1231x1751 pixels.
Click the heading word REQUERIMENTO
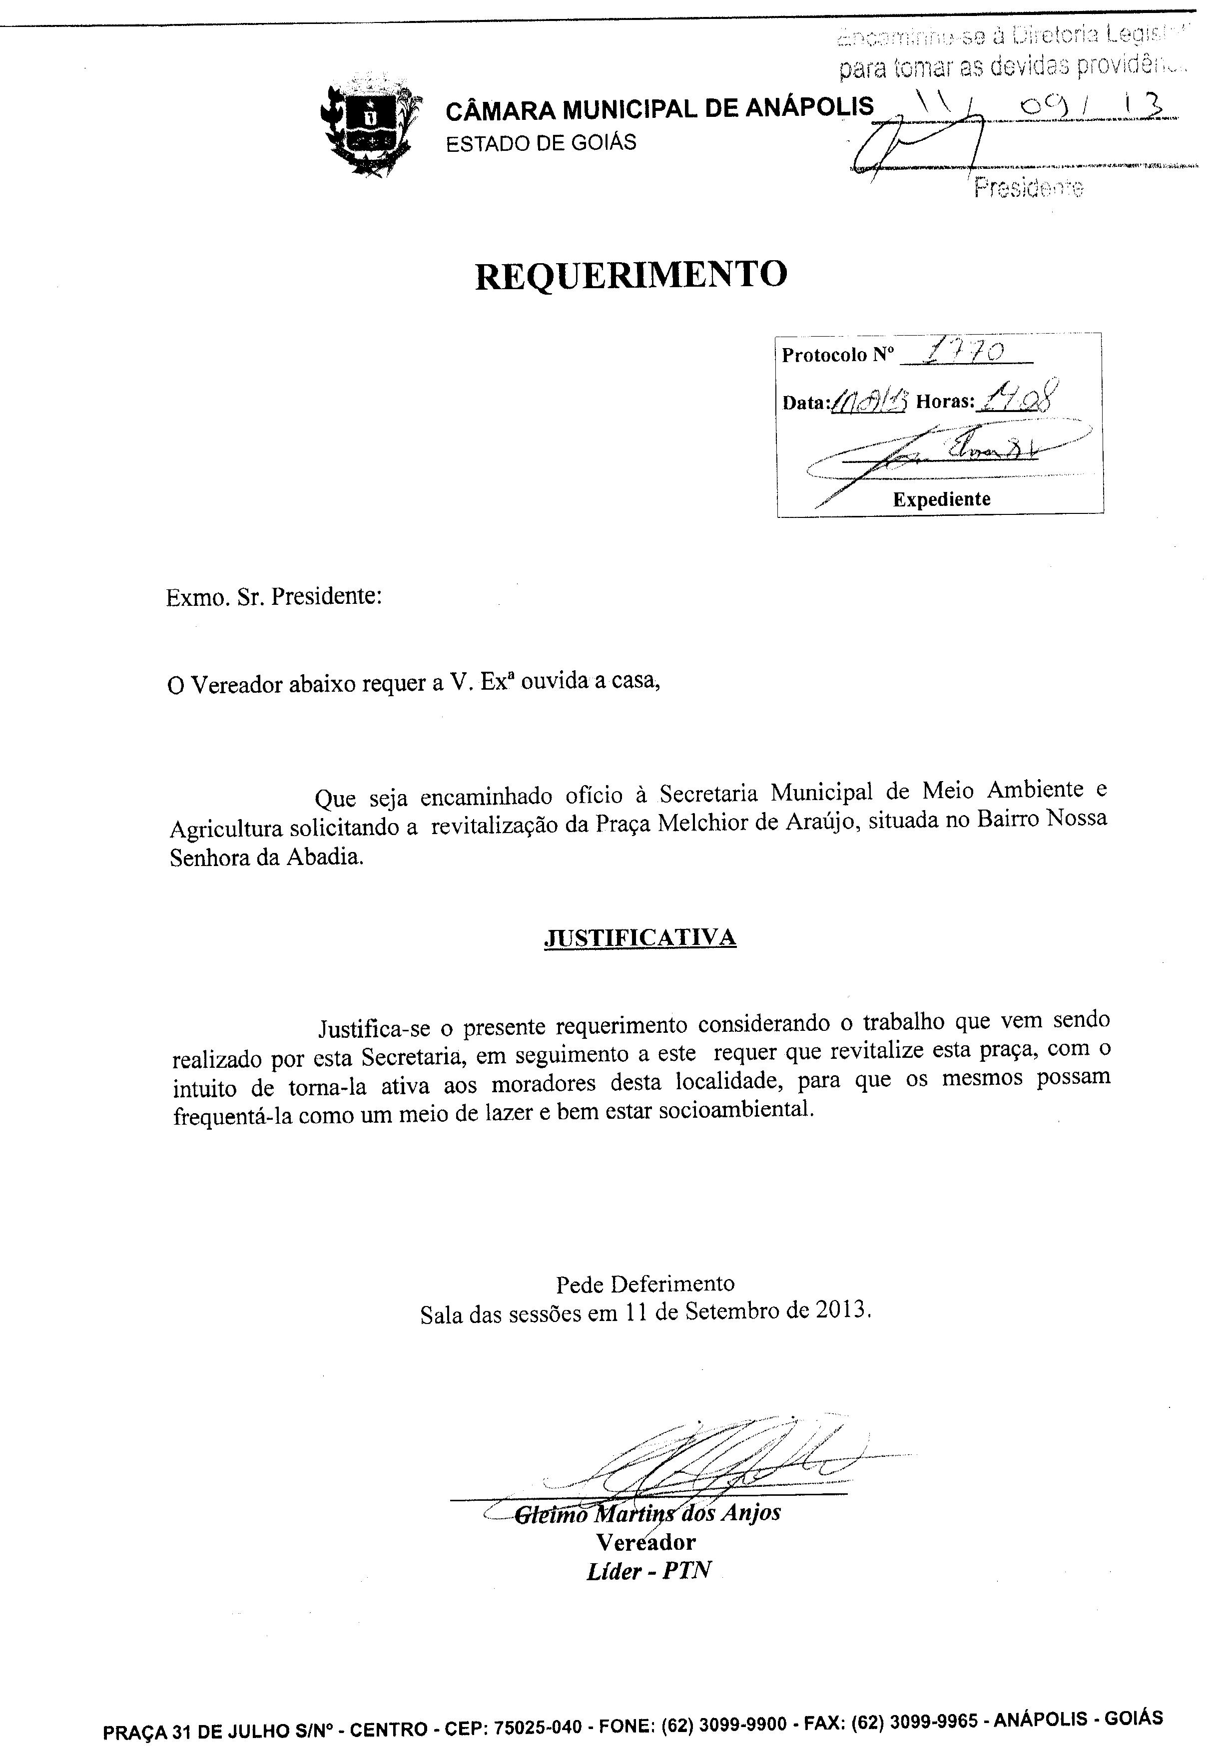click(631, 275)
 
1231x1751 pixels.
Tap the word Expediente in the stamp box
click(941, 499)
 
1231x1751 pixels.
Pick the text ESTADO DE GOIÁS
click(541, 143)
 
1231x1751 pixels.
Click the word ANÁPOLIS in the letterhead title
click(809, 107)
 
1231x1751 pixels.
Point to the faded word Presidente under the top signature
click(1027, 188)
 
